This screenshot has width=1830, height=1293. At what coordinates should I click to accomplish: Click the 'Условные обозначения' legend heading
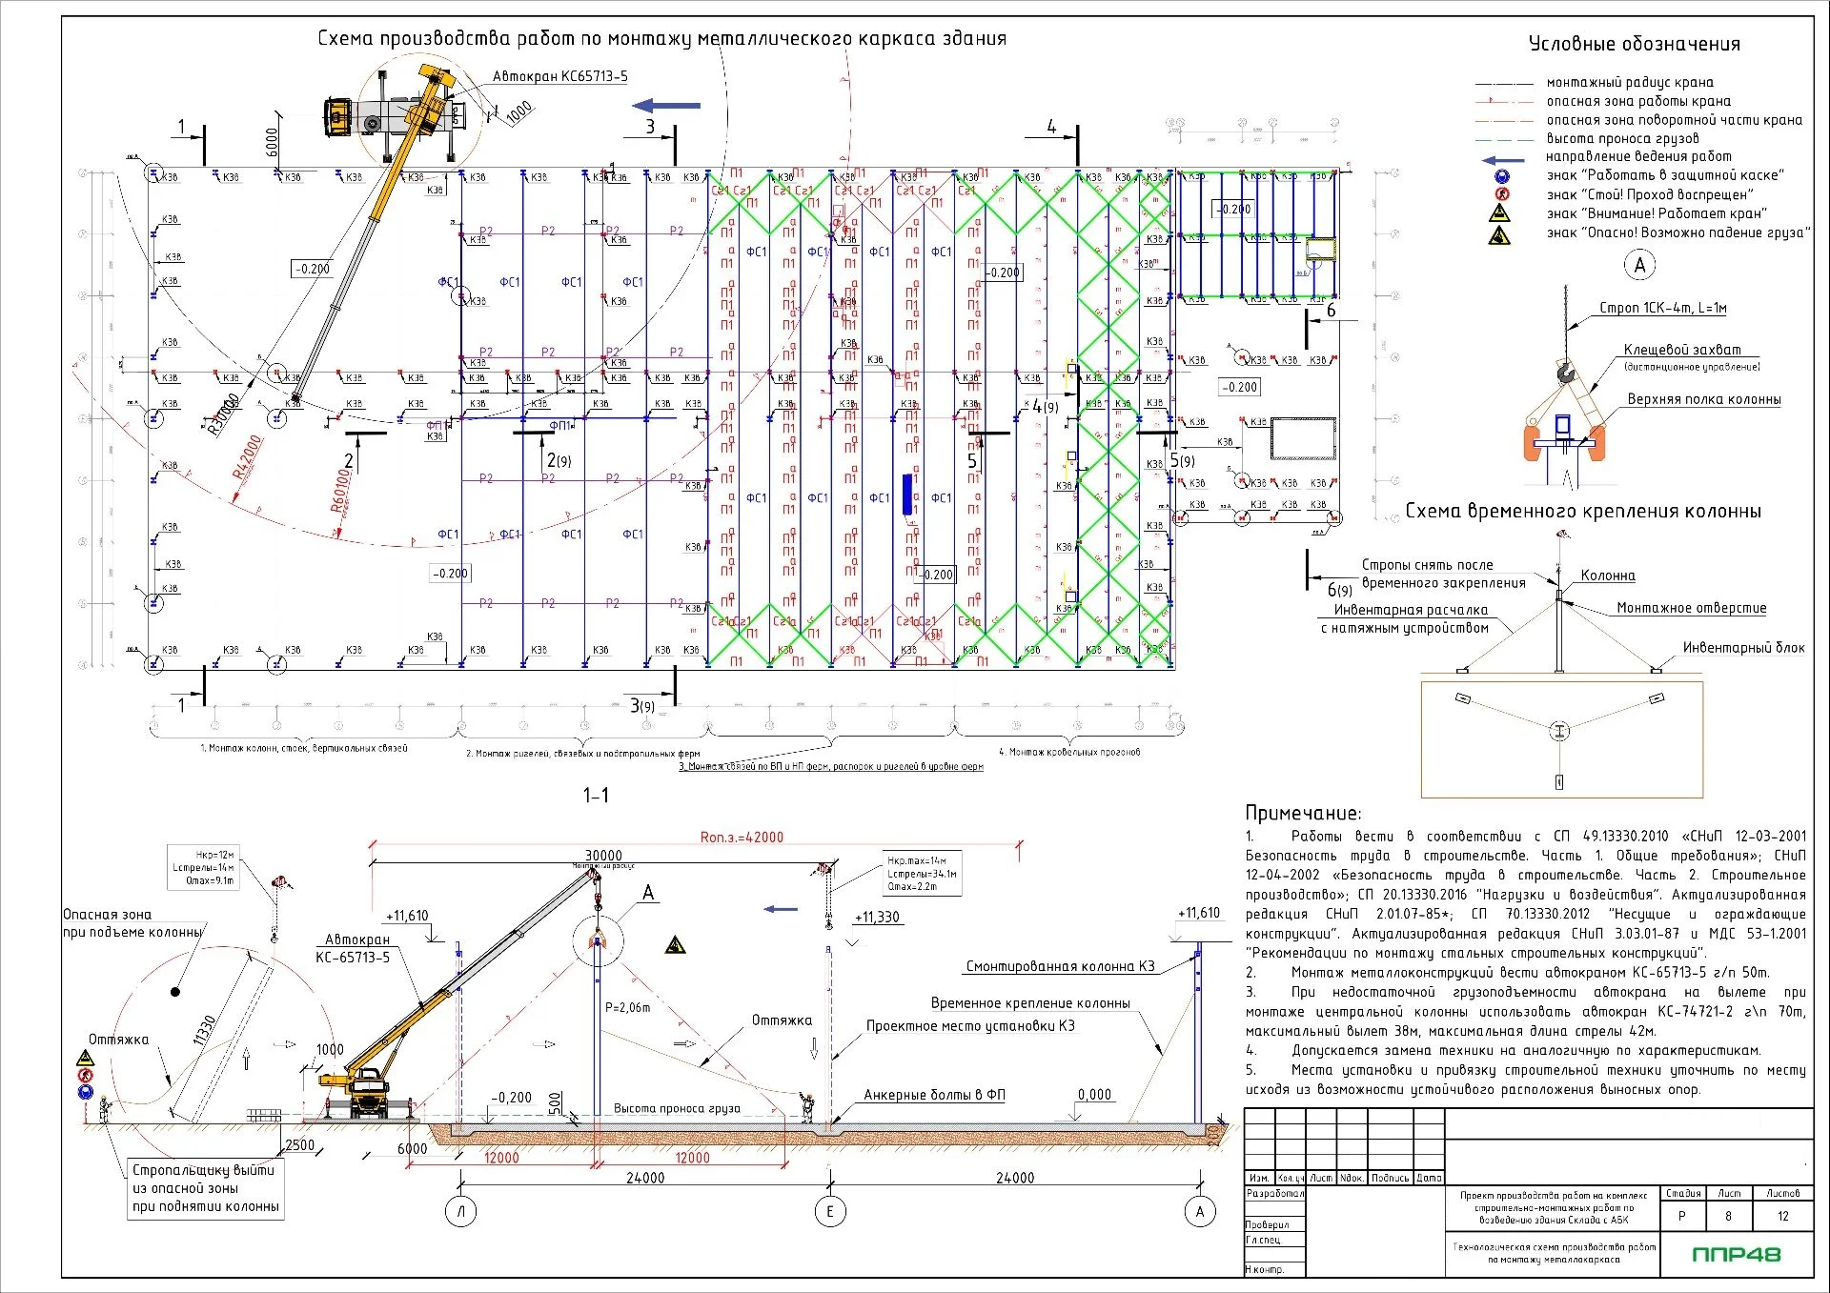pyautogui.click(x=1634, y=44)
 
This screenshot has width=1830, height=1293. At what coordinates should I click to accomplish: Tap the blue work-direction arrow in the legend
pyautogui.click(x=1503, y=159)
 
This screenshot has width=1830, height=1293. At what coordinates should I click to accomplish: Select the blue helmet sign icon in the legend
pyautogui.click(x=1502, y=176)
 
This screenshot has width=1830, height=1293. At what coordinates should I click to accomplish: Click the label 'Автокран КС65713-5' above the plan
pyautogui.click(x=560, y=76)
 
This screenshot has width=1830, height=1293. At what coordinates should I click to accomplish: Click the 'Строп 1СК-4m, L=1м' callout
pyautogui.click(x=1662, y=308)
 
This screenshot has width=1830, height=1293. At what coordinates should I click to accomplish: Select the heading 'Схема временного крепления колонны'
pyautogui.click(x=1583, y=512)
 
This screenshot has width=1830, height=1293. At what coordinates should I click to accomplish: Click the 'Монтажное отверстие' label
pyautogui.click(x=1691, y=608)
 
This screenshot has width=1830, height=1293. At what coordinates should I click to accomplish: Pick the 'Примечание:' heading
pyautogui.click(x=1303, y=813)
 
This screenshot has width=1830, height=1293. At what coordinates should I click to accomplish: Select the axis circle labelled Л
pyautogui.click(x=461, y=1212)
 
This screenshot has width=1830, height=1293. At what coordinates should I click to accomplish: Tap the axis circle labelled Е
pyautogui.click(x=830, y=1212)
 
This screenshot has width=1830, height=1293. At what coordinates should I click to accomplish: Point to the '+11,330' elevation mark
pyautogui.click(x=876, y=918)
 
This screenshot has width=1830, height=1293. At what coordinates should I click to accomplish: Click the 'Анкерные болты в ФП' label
pyautogui.click(x=934, y=1095)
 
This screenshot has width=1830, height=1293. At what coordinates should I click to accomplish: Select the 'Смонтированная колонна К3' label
pyautogui.click(x=1060, y=966)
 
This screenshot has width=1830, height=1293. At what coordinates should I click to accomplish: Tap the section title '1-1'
pyautogui.click(x=596, y=795)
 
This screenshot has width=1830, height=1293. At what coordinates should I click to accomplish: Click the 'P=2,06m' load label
pyautogui.click(x=627, y=1007)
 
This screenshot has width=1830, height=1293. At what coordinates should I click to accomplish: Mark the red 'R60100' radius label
pyautogui.click(x=339, y=490)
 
